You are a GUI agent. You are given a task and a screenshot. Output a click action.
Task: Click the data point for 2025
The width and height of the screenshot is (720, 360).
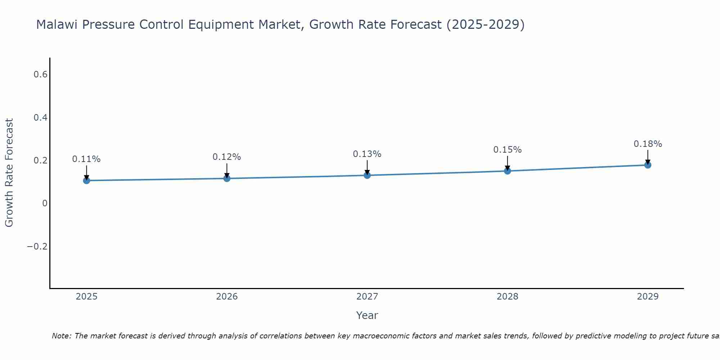pyautogui.click(x=86, y=180)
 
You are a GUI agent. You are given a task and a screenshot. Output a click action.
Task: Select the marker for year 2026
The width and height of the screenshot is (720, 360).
pyautogui.click(x=227, y=178)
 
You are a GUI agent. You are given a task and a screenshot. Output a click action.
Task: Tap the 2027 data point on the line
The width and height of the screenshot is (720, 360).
pyautogui.click(x=367, y=175)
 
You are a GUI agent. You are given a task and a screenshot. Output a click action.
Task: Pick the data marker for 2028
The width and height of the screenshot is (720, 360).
pyautogui.click(x=507, y=171)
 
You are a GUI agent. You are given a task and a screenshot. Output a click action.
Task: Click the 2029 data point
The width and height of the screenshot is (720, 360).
pyautogui.click(x=648, y=165)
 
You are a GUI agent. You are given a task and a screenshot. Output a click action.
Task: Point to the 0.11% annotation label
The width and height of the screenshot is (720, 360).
pyautogui.click(x=86, y=159)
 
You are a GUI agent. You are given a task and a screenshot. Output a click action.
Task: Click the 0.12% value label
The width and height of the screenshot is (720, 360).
pyautogui.click(x=227, y=157)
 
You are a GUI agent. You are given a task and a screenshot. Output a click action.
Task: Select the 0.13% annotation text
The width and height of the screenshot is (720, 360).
pyautogui.click(x=367, y=154)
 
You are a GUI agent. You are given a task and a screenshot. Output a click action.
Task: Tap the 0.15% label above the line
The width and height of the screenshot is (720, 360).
pyautogui.click(x=507, y=150)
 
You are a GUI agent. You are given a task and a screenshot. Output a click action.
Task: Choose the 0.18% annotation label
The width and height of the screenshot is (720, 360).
pyautogui.click(x=648, y=144)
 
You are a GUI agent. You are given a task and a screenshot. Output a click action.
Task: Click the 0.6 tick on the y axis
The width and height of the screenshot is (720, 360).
pyautogui.click(x=40, y=75)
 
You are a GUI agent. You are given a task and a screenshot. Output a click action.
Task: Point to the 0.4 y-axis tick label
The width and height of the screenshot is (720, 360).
pyautogui.click(x=40, y=118)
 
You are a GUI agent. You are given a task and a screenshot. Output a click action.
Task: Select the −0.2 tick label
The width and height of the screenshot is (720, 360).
pyautogui.click(x=37, y=246)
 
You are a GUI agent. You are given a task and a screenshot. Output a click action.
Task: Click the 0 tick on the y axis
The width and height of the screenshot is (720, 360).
pyautogui.click(x=45, y=203)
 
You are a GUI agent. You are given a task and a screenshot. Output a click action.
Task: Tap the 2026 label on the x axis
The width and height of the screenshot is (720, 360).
pyautogui.click(x=227, y=297)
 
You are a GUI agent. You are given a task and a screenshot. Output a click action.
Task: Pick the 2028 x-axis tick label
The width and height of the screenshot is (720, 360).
pyautogui.click(x=507, y=297)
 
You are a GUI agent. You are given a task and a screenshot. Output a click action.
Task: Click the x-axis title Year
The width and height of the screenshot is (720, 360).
pyautogui.click(x=367, y=315)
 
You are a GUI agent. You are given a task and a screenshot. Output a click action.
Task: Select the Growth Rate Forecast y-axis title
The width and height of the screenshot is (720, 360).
pyautogui.click(x=9, y=173)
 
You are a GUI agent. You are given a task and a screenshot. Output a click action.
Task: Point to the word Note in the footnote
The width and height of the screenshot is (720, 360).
pyautogui.click(x=62, y=336)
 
